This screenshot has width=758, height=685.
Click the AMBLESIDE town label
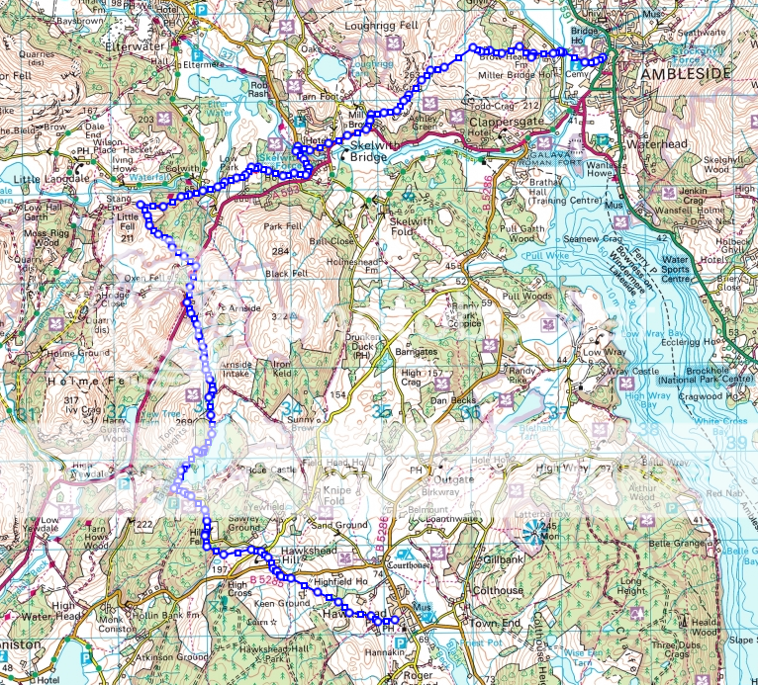(x=686, y=74)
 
